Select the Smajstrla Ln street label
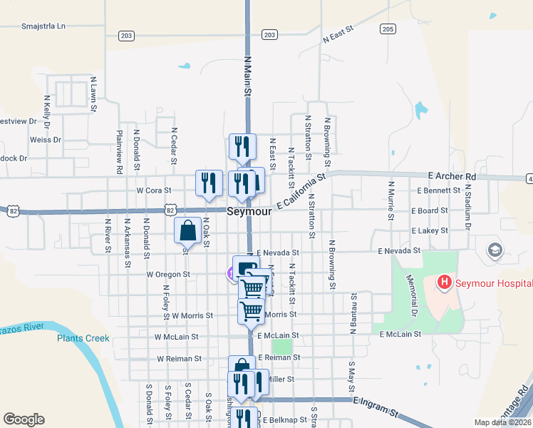[x=43, y=26]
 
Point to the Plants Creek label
[x=83, y=338]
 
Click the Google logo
[x=24, y=419]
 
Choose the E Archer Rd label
[x=452, y=176]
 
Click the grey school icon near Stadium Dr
[x=495, y=250]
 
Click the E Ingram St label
[x=375, y=407]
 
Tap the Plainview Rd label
[x=119, y=151]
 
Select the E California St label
[x=301, y=192]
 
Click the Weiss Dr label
[x=46, y=140]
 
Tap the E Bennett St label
[x=435, y=191]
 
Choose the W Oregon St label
[x=168, y=274]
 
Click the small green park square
[x=282, y=346]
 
